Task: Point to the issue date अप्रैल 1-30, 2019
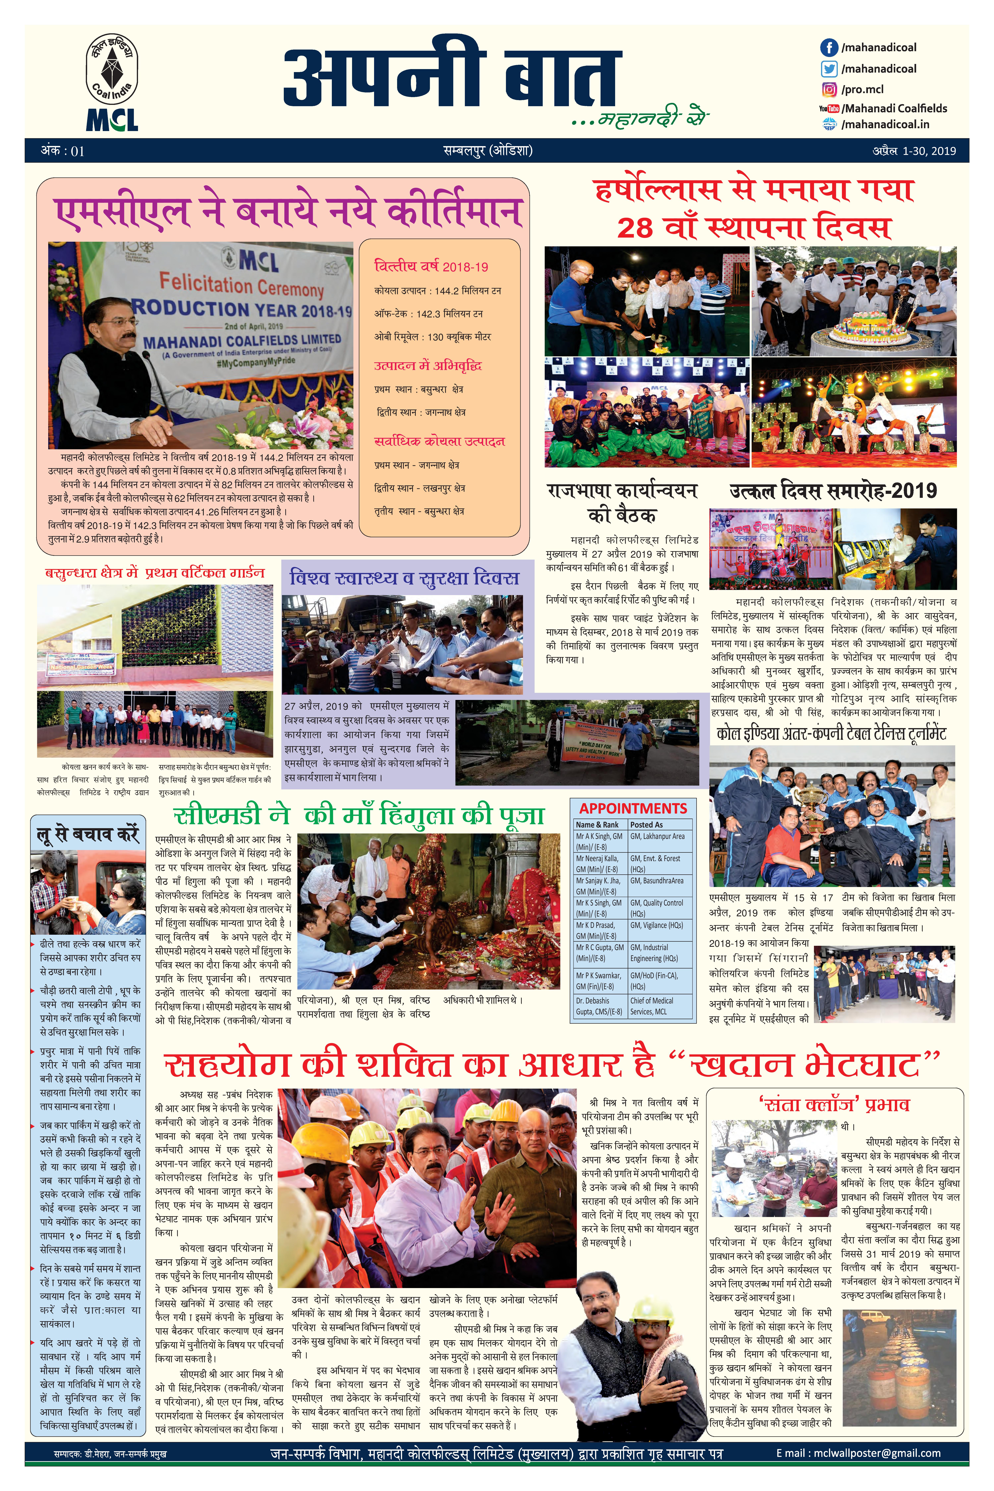pyautogui.click(x=913, y=151)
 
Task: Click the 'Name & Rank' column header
pyautogui.click(x=597, y=825)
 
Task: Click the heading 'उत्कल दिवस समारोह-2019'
pyautogui.click(x=833, y=491)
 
